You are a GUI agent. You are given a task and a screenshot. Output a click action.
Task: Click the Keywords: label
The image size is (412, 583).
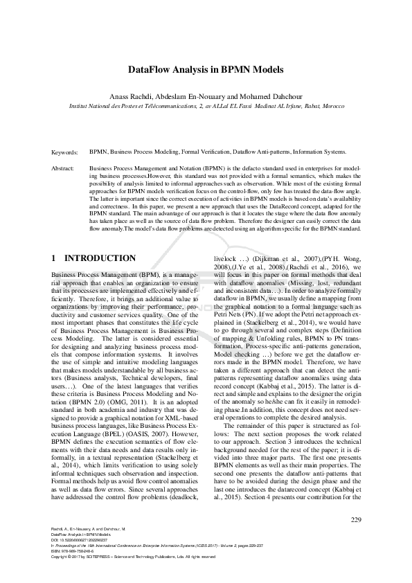65,151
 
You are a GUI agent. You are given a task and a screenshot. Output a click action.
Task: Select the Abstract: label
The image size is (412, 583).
64,168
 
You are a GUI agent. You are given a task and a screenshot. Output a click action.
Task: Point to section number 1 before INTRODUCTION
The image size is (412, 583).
54,258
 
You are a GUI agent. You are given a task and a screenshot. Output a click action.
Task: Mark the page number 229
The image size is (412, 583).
356,520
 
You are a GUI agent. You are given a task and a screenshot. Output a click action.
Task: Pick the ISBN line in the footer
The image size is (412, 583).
75,551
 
